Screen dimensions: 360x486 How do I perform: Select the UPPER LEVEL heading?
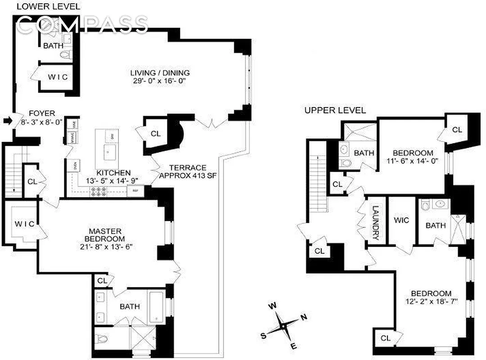click(335, 110)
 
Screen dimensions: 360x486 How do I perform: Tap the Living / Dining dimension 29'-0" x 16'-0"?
click(160, 81)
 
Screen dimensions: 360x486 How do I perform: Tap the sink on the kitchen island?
click(109, 152)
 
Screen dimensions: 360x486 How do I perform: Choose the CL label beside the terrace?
click(155, 134)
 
